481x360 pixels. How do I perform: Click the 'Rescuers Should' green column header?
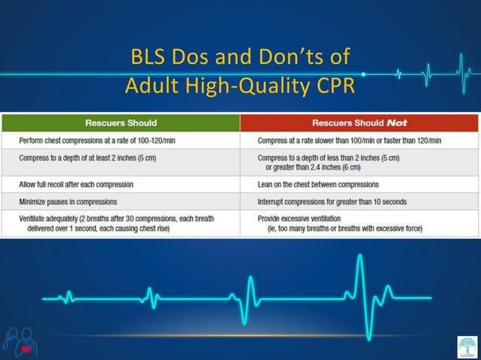[x=121, y=122]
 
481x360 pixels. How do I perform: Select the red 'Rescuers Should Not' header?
[x=359, y=122]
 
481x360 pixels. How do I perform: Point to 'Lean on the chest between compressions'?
[x=318, y=184]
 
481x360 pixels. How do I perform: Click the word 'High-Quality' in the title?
[x=244, y=85]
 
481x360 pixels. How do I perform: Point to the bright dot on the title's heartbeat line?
[x=364, y=75]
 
